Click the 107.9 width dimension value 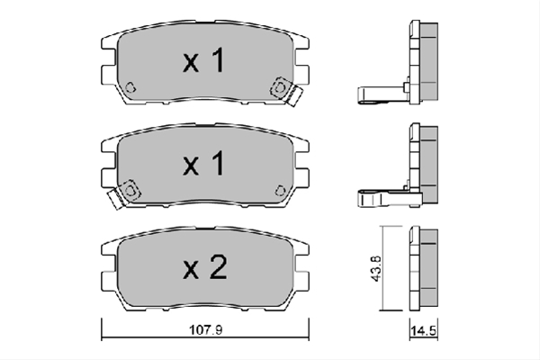[x=205, y=330]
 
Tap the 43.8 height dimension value [x=375, y=268]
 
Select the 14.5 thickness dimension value [x=423, y=331]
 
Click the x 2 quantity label [x=205, y=267]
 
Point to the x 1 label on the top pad [x=204, y=60]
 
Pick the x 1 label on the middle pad [x=204, y=163]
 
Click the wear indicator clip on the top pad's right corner [x=286, y=91]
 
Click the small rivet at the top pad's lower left [x=130, y=87]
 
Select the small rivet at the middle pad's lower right [x=280, y=190]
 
